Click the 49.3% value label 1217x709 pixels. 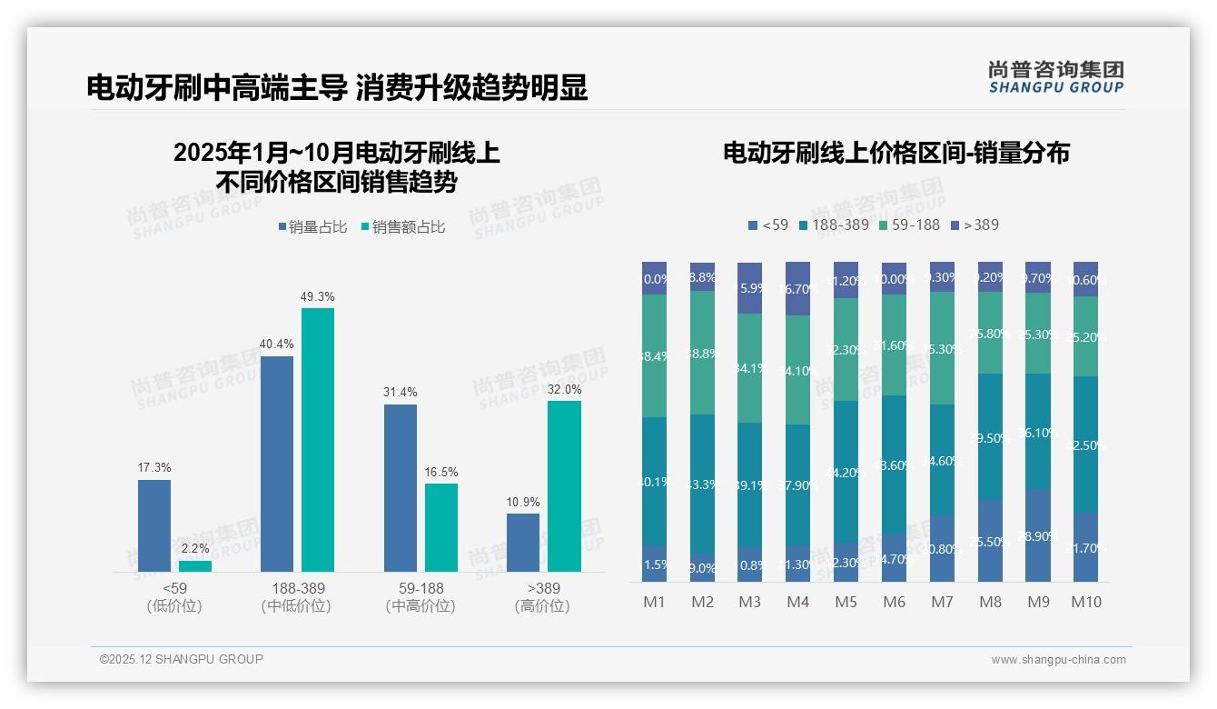click(x=317, y=296)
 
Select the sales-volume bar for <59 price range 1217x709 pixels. click(x=154, y=525)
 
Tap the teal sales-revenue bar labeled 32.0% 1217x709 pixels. click(x=564, y=485)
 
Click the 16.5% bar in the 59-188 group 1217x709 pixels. click(x=441, y=527)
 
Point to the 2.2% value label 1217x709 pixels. click(x=194, y=549)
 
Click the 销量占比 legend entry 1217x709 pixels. click(x=312, y=227)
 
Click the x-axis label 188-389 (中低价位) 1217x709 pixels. click(x=295, y=597)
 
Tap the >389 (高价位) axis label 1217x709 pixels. click(x=542, y=597)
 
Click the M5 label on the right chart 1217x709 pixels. click(x=845, y=602)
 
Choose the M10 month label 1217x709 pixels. click(x=1085, y=602)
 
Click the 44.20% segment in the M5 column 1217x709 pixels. click(x=845, y=472)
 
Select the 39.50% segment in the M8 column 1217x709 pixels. click(x=990, y=437)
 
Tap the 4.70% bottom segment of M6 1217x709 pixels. click(x=893, y=558)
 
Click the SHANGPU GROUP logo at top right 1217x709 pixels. click(x=1055, y=77)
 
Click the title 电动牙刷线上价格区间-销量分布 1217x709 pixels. click(x=895, y=153)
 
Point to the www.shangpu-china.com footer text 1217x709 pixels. click(x=1058, y=660)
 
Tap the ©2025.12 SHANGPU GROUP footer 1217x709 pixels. click(x=181, y=659)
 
